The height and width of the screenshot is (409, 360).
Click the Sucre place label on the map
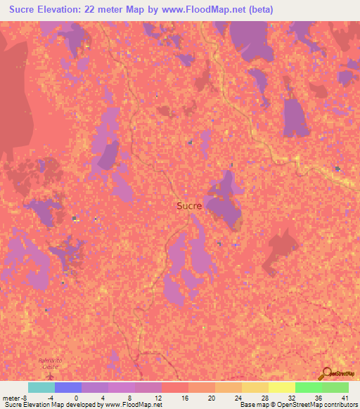(x=188, y=206)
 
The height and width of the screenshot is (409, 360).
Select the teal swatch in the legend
(x=41, y=387)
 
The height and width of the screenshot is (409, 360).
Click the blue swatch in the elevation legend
(x=67, y=387)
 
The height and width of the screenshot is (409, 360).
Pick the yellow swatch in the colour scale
(x=281, y=387)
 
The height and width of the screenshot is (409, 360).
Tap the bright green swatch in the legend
(x=308, y=387)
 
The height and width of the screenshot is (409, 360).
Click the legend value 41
(x=344, y=398)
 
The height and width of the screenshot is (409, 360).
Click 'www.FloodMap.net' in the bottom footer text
(x=134, y=405)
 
